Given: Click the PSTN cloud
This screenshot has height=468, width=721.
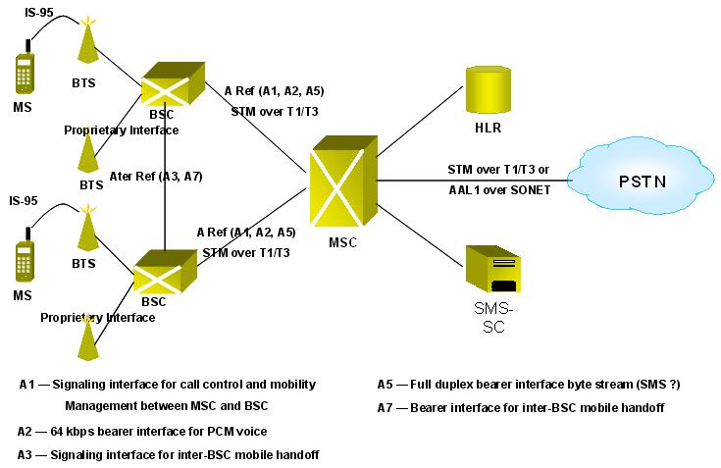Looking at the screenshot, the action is click(x=641, y=181).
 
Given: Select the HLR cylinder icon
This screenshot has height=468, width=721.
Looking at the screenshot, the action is click(x=489, y=89).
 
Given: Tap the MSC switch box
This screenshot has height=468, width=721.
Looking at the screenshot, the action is click(x=344, y=181).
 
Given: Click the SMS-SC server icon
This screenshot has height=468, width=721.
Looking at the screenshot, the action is click(x=492, y=269).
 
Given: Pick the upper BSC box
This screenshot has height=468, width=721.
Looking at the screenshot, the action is click(x=173, y=84).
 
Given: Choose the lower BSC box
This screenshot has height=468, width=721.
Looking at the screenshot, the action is click(x=165, y=272).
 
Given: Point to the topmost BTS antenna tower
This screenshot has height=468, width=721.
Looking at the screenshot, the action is click(x=88, y=40).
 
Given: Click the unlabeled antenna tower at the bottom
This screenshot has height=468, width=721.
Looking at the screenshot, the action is click(x=87, y=338).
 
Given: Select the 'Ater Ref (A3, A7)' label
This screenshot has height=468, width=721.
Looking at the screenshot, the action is click(x=156, y=177).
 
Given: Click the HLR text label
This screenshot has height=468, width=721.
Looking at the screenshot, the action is click(x=488, y=128).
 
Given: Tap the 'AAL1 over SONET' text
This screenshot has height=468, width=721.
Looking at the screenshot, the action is click(x=499, y=190).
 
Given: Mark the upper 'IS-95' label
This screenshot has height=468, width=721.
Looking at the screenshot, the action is click(x=39, y=13).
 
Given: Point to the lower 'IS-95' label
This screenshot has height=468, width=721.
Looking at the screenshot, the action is click(x=24, y=201).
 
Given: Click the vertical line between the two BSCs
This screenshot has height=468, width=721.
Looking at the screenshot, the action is click(x=165, y=182).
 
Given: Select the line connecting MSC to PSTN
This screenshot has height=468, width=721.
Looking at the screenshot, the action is click(x=473, y=181).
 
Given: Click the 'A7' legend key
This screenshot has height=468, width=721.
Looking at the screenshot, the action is click(x=385, y=408).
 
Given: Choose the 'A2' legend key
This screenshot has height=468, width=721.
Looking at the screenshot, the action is click(x=25, y=432).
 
